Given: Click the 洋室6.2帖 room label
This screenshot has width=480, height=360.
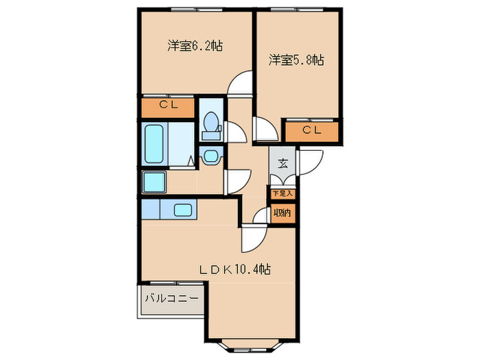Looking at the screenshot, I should [195, 46].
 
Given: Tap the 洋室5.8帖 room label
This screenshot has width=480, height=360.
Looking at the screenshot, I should [296, 60].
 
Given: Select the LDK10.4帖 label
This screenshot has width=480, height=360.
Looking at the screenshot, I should [235, 269].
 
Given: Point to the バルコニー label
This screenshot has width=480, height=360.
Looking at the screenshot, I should [171, 299].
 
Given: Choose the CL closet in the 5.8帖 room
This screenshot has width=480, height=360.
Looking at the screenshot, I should [312, 130].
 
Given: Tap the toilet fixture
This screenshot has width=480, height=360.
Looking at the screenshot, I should [211, 124].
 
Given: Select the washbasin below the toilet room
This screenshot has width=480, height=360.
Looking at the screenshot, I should [210, 156].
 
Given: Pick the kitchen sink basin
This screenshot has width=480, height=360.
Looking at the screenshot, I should [183, 210].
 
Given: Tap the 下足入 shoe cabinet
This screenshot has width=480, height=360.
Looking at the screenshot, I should [283, 193].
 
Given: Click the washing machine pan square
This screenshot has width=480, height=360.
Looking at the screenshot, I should [154, 182].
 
